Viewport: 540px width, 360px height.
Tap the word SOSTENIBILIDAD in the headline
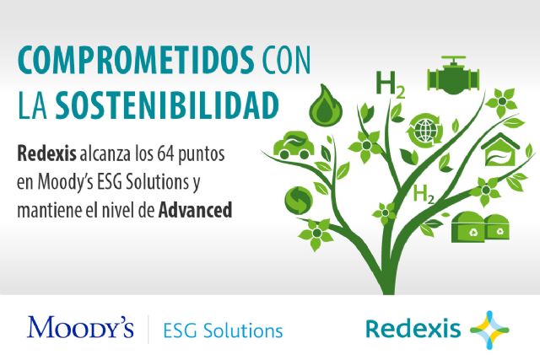pos(167,105)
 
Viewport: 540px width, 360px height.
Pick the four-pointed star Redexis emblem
pos(489,328)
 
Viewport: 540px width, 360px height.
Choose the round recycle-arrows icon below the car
pos(300,199)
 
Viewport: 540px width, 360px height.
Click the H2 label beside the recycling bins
pos(424,196)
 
